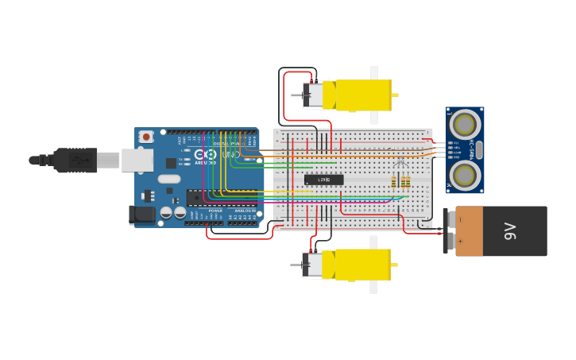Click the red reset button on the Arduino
[x=146, y=137]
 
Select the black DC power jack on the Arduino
[x=142, y=214]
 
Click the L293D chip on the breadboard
[x=324, y=180]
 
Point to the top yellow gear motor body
[x=361, y=95]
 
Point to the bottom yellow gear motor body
[x=361, y=265]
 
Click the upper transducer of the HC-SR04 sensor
[x=465, y=124]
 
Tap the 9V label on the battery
[x=509, y=231]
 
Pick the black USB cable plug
[x=75, y=160]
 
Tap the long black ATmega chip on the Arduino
[x=215, y=196]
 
